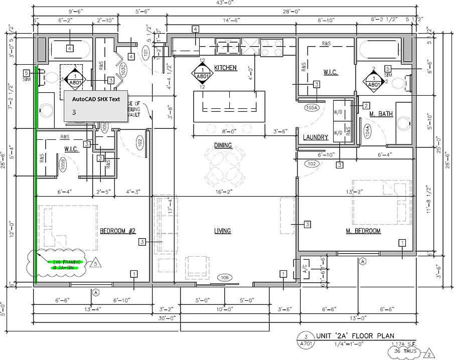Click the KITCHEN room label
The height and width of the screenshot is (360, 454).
[225, 68]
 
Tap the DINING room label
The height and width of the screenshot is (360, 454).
[223, 146]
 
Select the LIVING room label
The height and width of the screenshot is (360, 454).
[222, 231]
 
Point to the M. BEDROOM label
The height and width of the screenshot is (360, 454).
[363, 231]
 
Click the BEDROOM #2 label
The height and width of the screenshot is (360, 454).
[117, 231]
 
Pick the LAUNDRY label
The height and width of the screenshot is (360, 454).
[316, 137]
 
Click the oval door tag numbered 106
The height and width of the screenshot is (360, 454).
[224, 277]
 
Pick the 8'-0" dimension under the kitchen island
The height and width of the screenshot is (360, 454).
[229, 132]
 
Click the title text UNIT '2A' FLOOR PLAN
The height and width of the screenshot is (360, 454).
[355, 336]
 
